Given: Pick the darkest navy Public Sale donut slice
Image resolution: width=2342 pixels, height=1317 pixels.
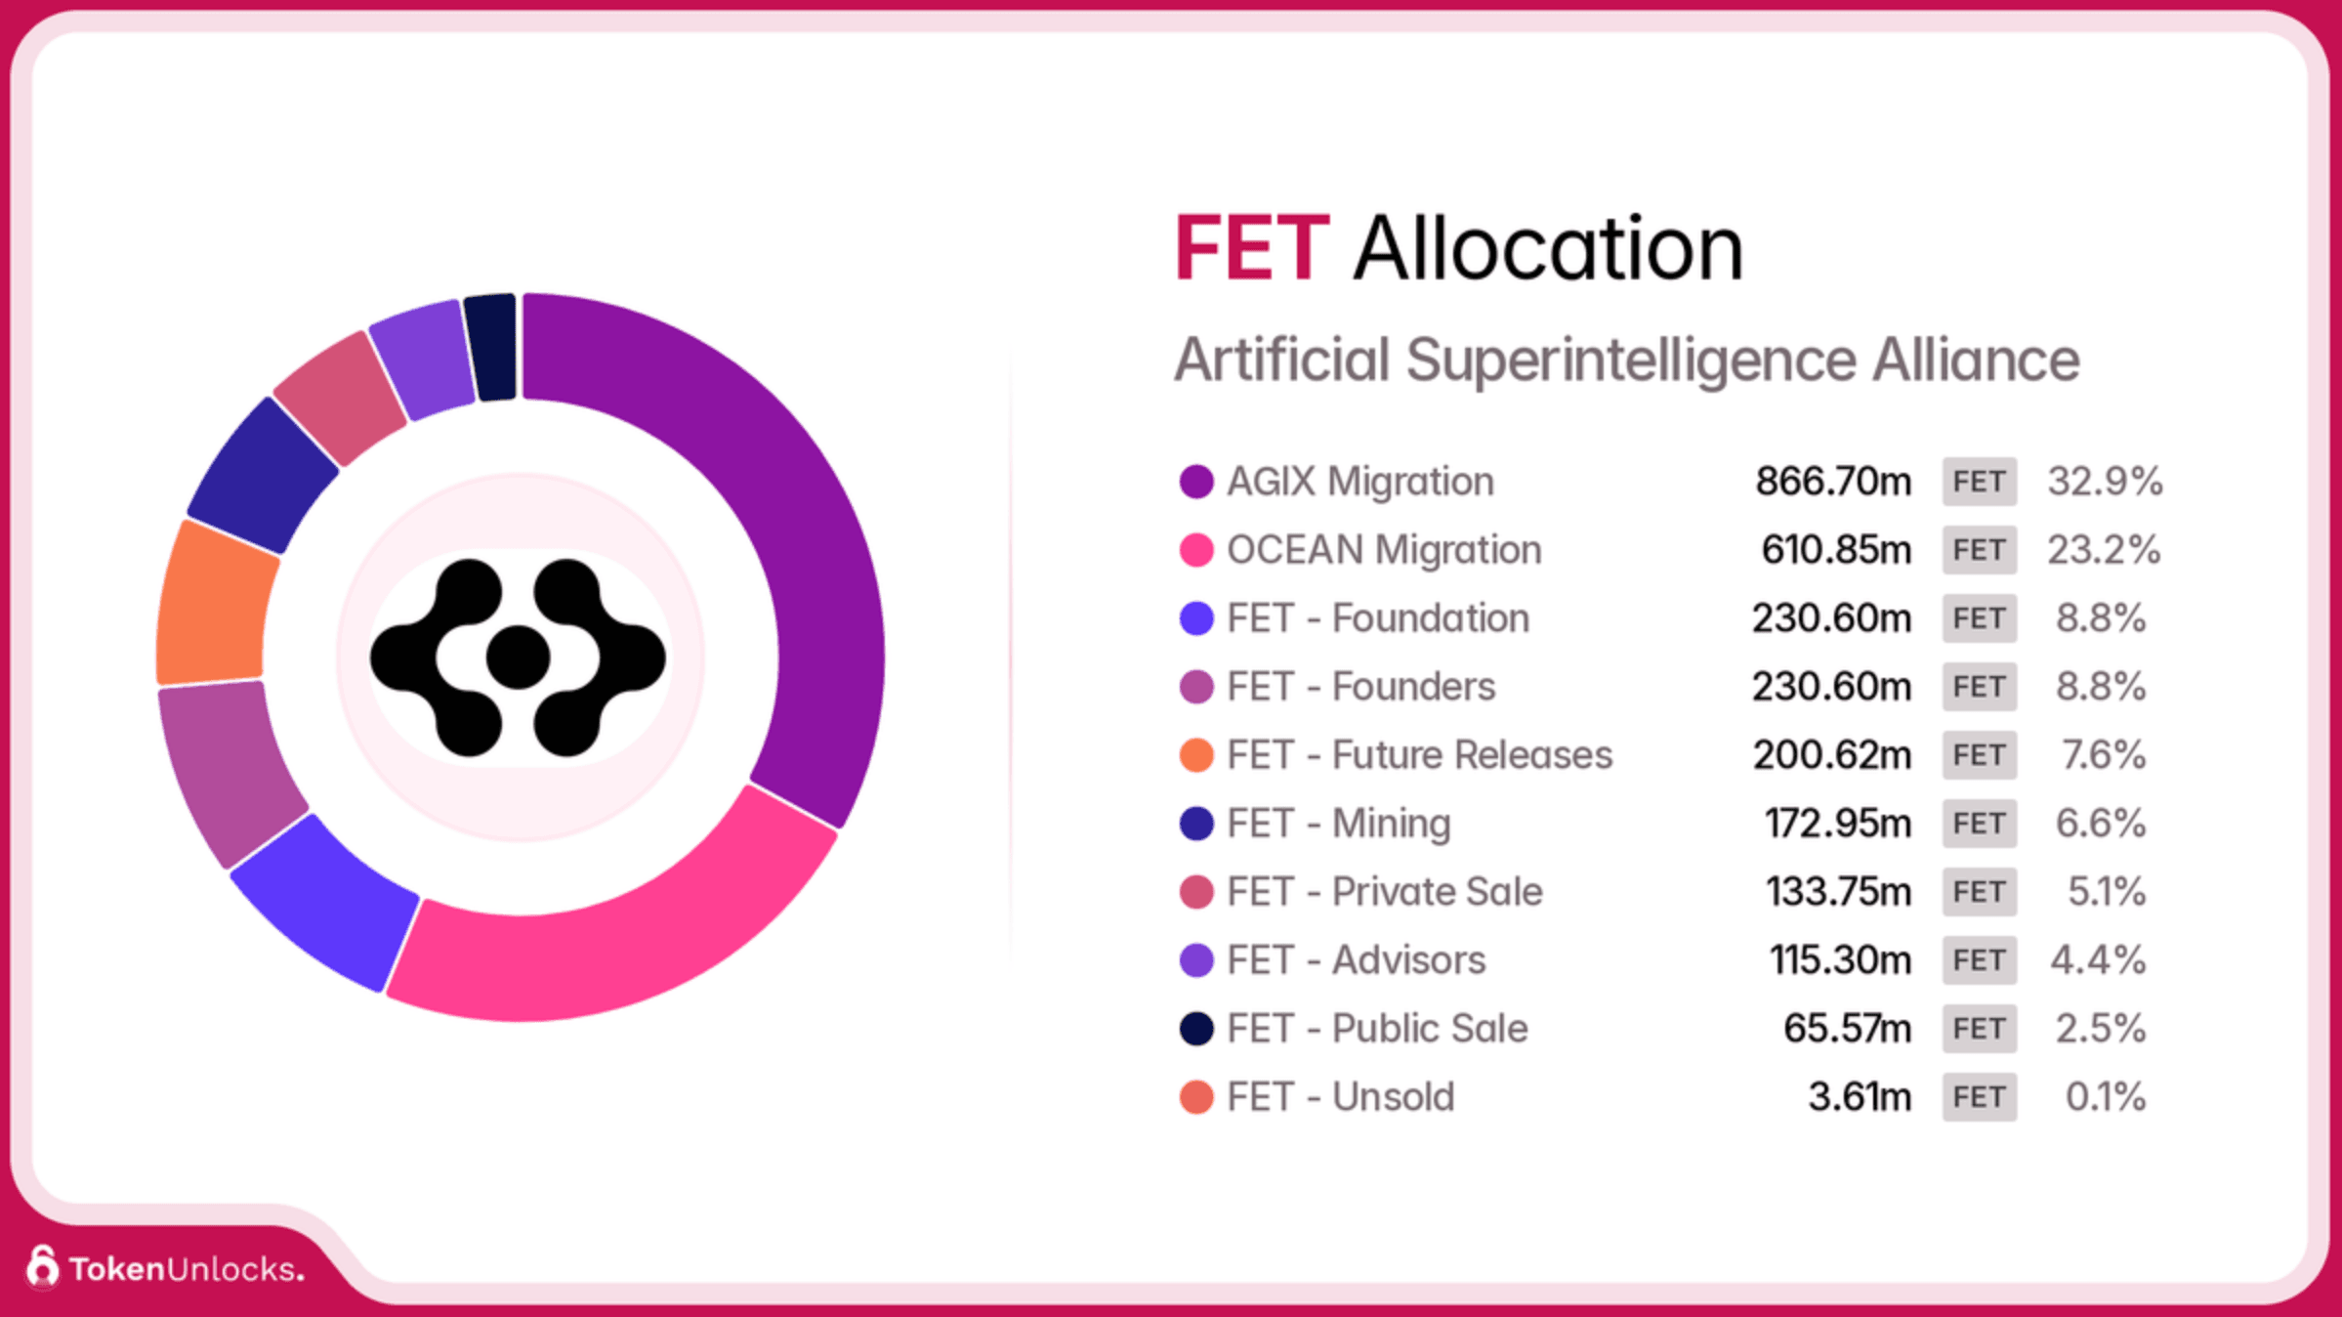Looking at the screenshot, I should (x=491, y=347).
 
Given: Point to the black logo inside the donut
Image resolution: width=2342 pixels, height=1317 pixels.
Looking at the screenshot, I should (x=518, y=658).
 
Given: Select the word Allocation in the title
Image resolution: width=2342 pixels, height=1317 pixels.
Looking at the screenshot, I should (x=1548, y=249).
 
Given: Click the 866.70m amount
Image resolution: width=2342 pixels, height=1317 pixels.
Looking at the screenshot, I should (x=1832, y=482).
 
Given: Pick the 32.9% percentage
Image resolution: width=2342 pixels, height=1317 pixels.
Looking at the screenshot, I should (x=2105, y=482).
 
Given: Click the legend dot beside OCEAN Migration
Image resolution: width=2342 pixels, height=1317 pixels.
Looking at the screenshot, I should (x=1196, y=550).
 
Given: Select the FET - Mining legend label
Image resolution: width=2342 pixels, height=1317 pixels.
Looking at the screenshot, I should (x=1338, y=824).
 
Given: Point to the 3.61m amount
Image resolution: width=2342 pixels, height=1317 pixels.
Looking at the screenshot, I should (x=1859, y=1097).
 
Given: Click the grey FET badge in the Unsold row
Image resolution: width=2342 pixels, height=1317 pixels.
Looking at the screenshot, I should (x=1979, y=1097).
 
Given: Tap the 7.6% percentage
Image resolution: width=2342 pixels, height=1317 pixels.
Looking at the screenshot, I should (x=2103, y=755).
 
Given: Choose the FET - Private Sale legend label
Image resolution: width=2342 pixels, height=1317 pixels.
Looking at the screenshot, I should (x=1384, y=892).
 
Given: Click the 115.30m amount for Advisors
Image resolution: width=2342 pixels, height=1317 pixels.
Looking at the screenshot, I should (x=1840, y=960).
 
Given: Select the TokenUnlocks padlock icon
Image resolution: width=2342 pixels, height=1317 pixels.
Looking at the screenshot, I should (x=42, y=1267).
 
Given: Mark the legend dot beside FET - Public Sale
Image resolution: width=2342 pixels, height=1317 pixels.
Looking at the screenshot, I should (x=1196, y=1029).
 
